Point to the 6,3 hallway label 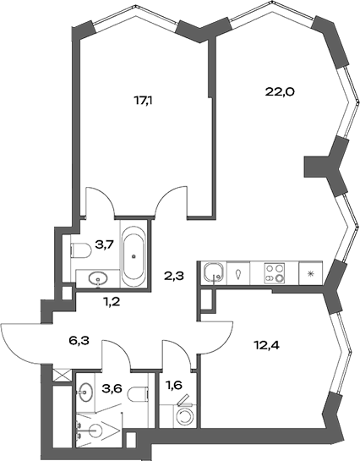(79, 342)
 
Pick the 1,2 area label (111, 300)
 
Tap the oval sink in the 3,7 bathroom (97, 277)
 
